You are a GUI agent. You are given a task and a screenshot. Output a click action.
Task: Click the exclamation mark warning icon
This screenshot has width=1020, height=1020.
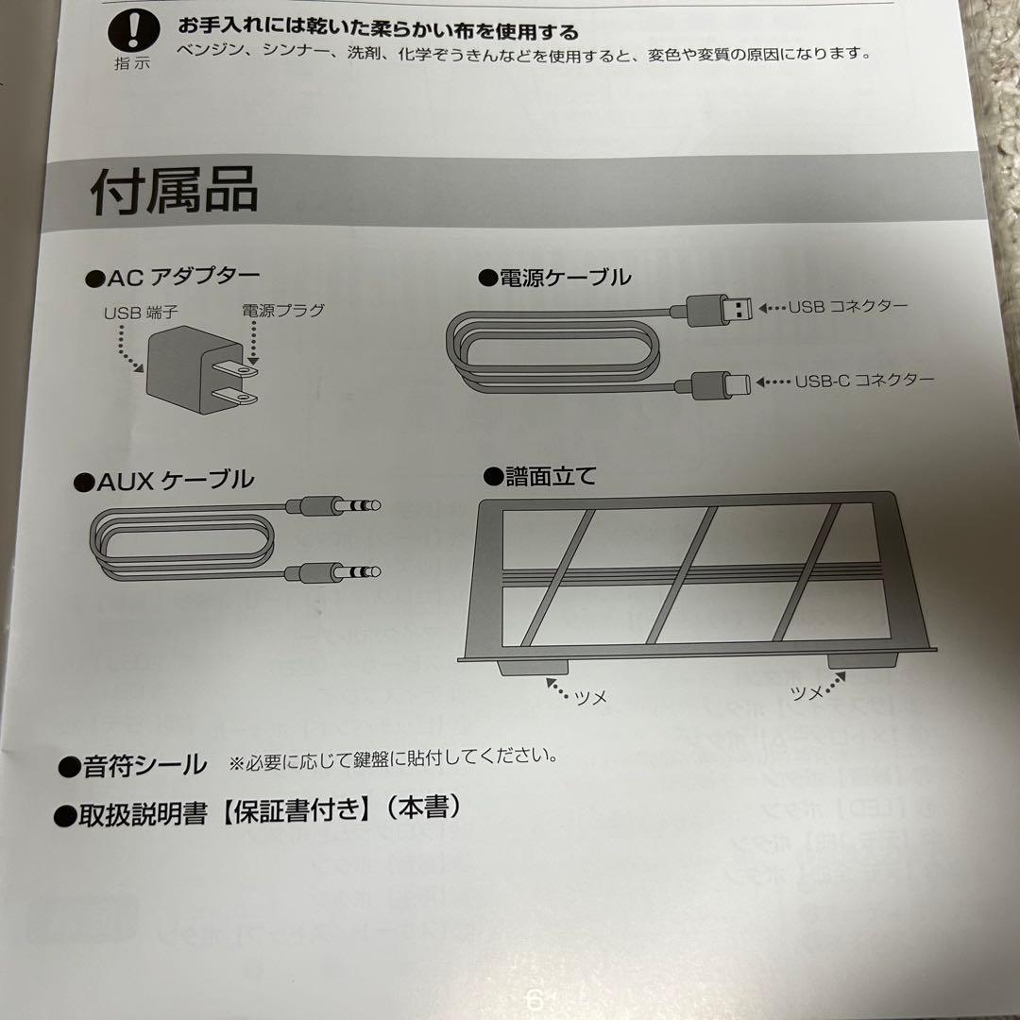click(x=132, y=32)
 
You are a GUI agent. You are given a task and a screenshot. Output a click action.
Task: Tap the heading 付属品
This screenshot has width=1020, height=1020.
click(x=175, y=192)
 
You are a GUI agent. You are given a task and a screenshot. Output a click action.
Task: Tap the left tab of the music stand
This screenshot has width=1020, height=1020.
click(x=520, y=665)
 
